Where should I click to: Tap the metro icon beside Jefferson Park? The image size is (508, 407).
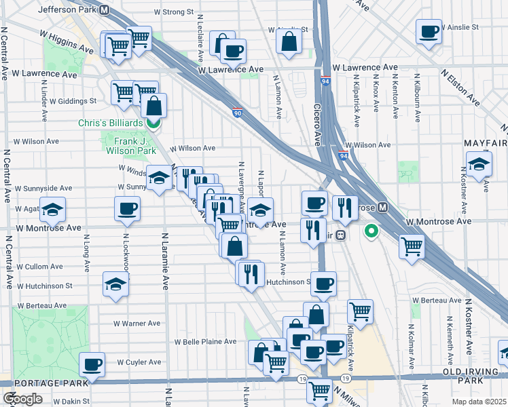pos(105,10)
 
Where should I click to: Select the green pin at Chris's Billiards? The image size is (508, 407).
pos(153,123)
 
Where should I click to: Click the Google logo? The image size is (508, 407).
pos(23,399)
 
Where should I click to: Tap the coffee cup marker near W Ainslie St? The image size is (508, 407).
pos(429,31)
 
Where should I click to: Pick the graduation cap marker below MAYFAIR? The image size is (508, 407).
pos(479,165)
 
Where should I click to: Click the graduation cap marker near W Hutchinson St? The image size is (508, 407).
pos(116,285)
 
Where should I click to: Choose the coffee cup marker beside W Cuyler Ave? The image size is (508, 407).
pos(92,365)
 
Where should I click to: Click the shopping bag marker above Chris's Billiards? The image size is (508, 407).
pos(154,106)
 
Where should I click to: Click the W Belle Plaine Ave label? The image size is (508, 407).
pos(205,342)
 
